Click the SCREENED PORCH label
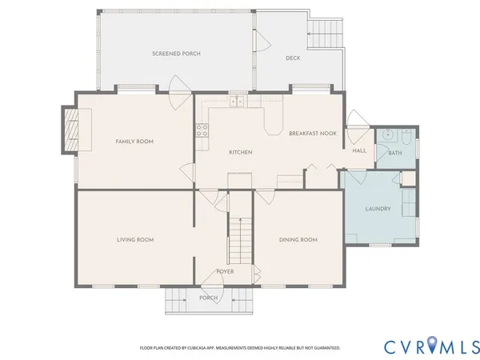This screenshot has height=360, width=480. pyautogui.click(x=176, y=54)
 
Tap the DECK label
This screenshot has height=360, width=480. pyautogui.click(x=293, y=58)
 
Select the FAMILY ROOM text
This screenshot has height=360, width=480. pyautogui.click(x=134, y=142)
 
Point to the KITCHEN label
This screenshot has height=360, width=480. pyautogui.click(x=241, y=152)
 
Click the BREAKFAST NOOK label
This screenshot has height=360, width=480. pyautogui.click(x=313, y=133)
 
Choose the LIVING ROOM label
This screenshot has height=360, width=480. pyautogui.click(x=135, y=240)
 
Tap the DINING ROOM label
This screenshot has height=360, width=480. pyautogui.click(x=298, y=240)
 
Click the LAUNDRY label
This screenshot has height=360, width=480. pyautogui.click(x=378, y=209)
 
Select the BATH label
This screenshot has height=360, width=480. pyautogui.click(x=395, y=153)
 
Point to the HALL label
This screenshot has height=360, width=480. pyautogui.click(x=359, y=150)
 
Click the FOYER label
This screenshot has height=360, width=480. pyautogui.click(x=226, y=271)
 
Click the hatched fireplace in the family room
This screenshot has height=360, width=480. pyautogui.click(x=71, y=130)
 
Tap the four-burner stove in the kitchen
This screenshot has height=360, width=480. pyautogui.click(x=202, y=130)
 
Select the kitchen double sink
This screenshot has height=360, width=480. pyautogui.click(x=238, y=101)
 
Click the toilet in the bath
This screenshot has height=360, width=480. pyautogui.click(x=406, y=137)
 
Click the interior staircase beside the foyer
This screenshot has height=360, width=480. pyautogui.click(x=241, y=241)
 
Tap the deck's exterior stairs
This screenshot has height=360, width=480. pyautogui.click(x=325, y=34)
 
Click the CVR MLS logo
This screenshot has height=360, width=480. pyautogui.click(x=432, y=347)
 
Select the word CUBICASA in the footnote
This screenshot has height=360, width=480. pyautogui.click(x=196, y=348)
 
